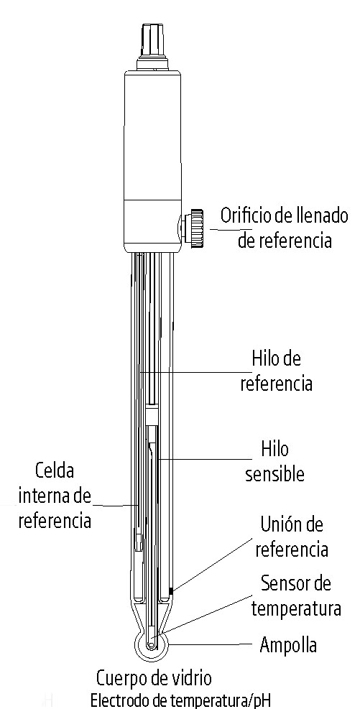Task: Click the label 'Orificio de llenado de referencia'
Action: pyautogui.click(x=285, y=228)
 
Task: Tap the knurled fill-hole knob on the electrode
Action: pyautogui.click(x=196, y=228)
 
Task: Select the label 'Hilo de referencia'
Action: pyautogui.click(x=276, y=371)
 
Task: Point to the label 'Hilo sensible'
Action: pyautogui.click(x=274, y=462)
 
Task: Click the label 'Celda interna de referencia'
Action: pyautogui.click(x=55, y=496)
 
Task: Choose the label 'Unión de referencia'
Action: pyautogui.click(x=292, y=537)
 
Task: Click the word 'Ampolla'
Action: pyautogui.click(x=288, y=645)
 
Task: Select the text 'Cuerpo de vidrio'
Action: pyautogui.click(x=153, y=679)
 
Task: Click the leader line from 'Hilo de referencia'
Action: pyautogui.click(x=195, y=373)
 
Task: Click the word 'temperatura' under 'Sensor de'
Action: pyautogui.click(x=296, y=608)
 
